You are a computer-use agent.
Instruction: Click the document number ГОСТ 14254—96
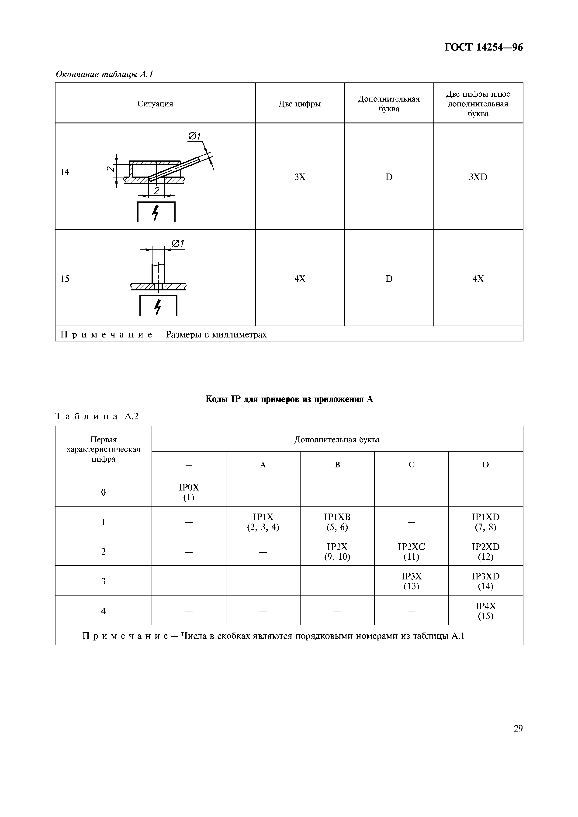tap(483, 47)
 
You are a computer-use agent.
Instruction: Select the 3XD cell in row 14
tap(478, 177)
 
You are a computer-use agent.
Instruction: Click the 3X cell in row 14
tap(300, 177)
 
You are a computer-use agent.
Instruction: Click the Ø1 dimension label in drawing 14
tap(194, 136)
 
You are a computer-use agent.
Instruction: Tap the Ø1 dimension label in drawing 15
tap(178, 244)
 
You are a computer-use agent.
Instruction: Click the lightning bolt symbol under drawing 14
tap(155, 213)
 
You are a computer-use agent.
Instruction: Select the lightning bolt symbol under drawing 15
tap(158, 307)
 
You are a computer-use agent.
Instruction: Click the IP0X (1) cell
tap(189, 492)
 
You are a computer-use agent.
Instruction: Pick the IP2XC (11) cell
tap(411, 551)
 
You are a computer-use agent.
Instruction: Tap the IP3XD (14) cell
tap(485, 581)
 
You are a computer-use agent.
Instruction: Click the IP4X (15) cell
tap(485, 611)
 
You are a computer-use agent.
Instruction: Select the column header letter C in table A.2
tap(411, 465)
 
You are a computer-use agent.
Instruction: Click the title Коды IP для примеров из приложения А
tap(289, 399)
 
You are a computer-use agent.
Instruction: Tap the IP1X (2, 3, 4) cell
tap(263, 522)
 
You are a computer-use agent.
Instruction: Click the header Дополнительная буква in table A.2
tap(337, 440)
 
